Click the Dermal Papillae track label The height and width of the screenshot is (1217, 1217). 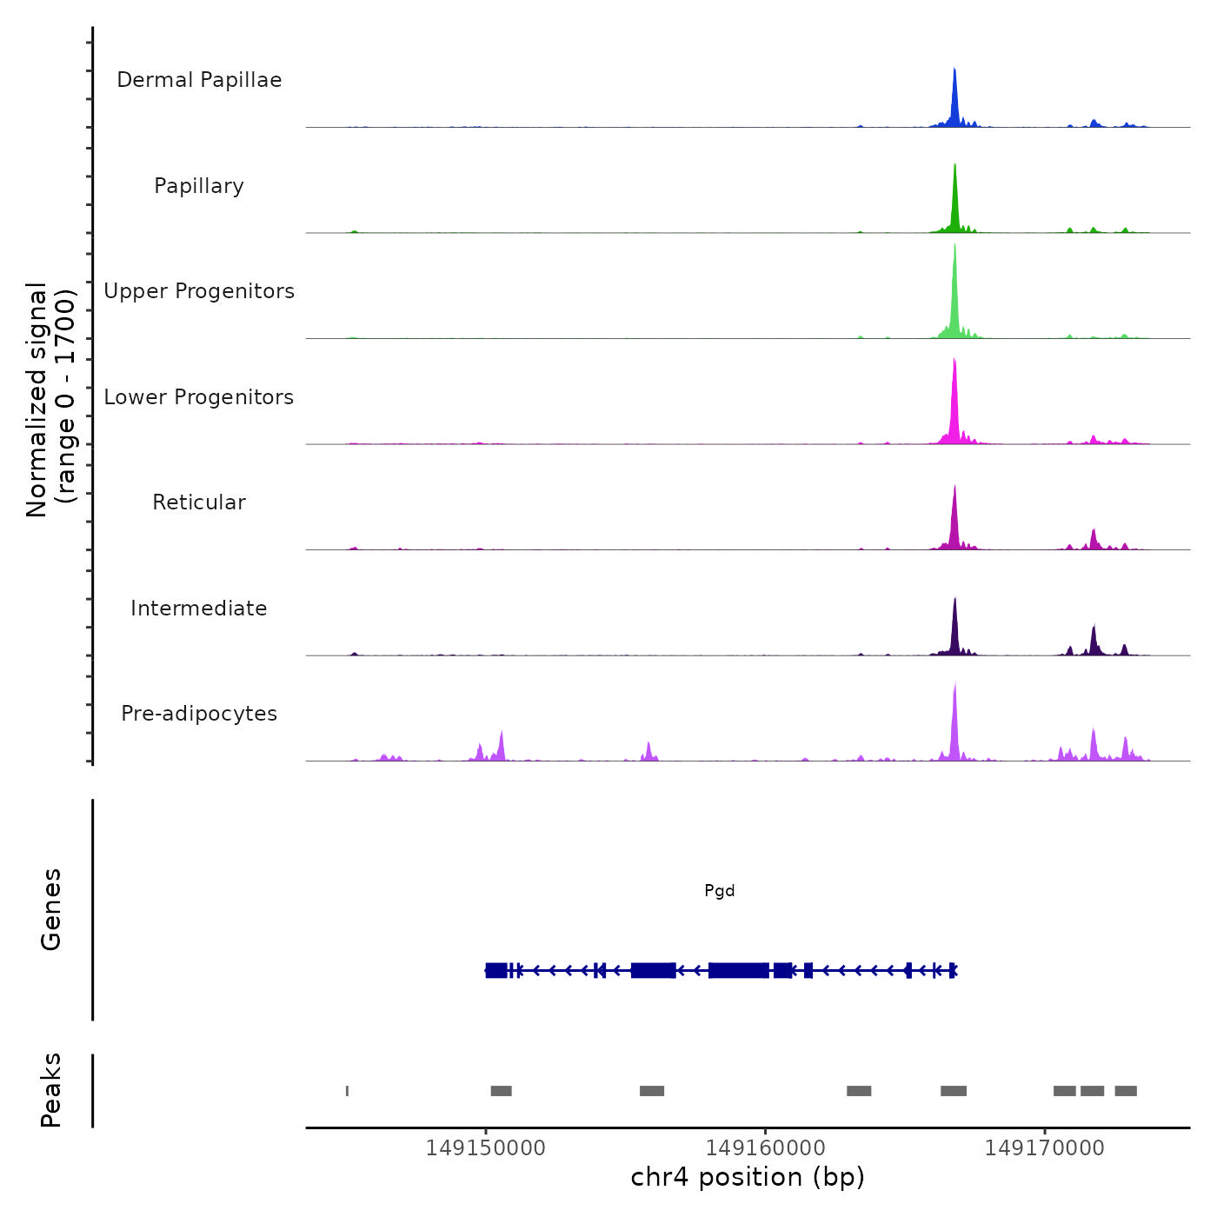coord(199,80)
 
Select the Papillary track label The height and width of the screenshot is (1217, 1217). coord(199,186)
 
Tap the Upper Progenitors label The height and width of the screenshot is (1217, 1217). coord(199,291)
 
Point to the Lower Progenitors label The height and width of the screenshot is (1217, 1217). coord(199,397)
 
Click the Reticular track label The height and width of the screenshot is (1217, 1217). coord(199,502)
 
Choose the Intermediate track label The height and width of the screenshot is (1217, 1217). coord(199,608)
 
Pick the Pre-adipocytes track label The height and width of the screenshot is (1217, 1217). coord(199,714)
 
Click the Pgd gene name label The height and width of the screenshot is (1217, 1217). coord(720,891)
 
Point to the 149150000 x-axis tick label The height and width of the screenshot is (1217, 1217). coord(486,1148)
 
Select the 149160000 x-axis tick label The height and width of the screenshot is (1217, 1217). coord(765,1148)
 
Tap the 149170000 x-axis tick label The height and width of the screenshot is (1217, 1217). coord(1044,1148)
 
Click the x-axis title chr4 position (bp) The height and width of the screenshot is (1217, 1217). coord(748,1178)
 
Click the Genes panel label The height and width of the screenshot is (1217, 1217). coord(51,909)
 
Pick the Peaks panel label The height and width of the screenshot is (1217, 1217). coord(51,1090)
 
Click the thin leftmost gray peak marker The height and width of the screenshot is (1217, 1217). coord(348,1091)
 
